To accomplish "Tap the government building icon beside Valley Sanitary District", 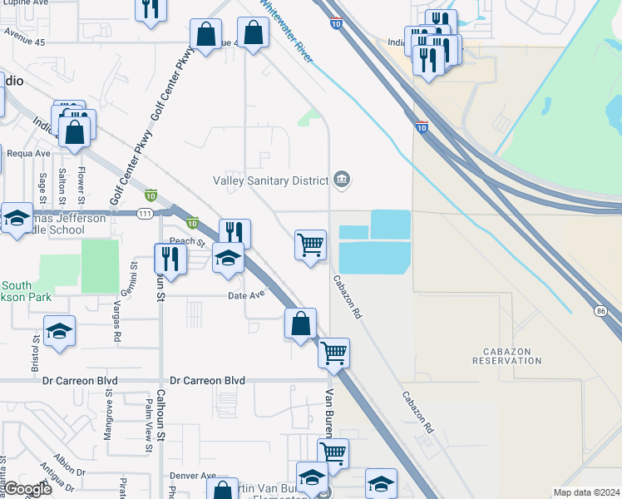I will click(x=341, y=180).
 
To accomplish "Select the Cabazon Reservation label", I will click(x=506, y=357).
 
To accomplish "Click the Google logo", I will click(x=28, y=489).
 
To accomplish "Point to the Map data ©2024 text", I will click(x=586, y=492).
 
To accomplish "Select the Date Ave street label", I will click(x=246, y=295).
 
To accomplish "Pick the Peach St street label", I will click(x=188, y=242).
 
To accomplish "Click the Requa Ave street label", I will click(x=29, y=153).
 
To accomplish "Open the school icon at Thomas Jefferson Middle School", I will click(x=17, y=219).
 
